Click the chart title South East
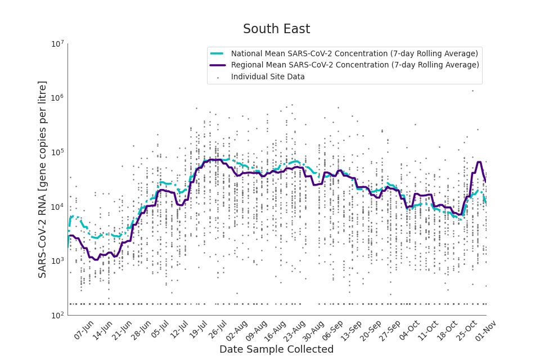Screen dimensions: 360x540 click(x=276, y=29)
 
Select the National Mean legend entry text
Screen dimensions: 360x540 click(x=354, y=53)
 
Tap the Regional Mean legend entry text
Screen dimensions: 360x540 click(x=355, y=65)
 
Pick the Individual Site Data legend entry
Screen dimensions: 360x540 click(x=268, y=76)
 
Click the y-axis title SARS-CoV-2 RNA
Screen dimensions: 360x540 click(x=43, y=179)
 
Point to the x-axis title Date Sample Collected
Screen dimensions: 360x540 click(x=276, y=349)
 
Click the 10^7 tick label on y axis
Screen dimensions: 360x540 click(x=58, y=44)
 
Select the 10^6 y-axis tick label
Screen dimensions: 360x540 click(x=58, y=98)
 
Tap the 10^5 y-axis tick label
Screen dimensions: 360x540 click(x=58, y=152)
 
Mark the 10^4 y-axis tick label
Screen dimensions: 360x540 click(x=58, y=206)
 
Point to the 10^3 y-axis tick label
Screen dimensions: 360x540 click(x=58, y=261)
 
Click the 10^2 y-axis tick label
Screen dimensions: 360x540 click(x=58, y=315)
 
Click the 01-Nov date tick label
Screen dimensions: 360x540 click(x=484, y=330)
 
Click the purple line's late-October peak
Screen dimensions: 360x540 click(x=479, y=163)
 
